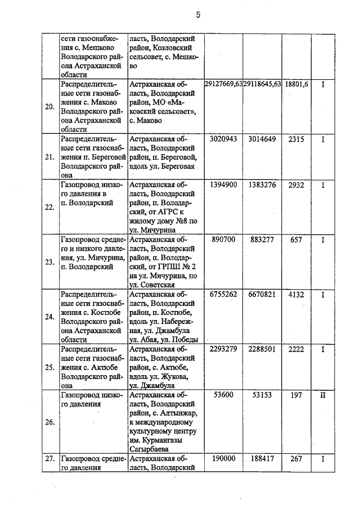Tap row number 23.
(49, 261)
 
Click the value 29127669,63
(223, 84)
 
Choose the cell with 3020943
(223, 139)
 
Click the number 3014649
(262, 139)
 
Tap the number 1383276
(262, 184)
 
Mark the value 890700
(223, 240)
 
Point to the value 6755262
(223, 294)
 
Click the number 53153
(262, 395)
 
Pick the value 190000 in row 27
(223, 459)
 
